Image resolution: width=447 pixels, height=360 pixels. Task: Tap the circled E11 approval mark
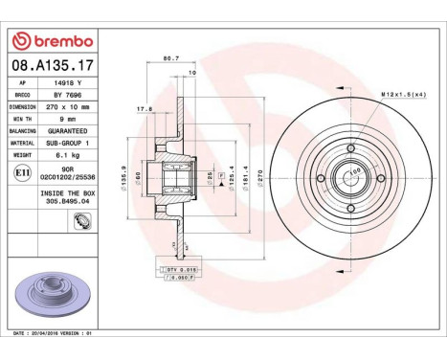(22, 173)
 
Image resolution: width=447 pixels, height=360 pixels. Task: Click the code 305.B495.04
(64, 203)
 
